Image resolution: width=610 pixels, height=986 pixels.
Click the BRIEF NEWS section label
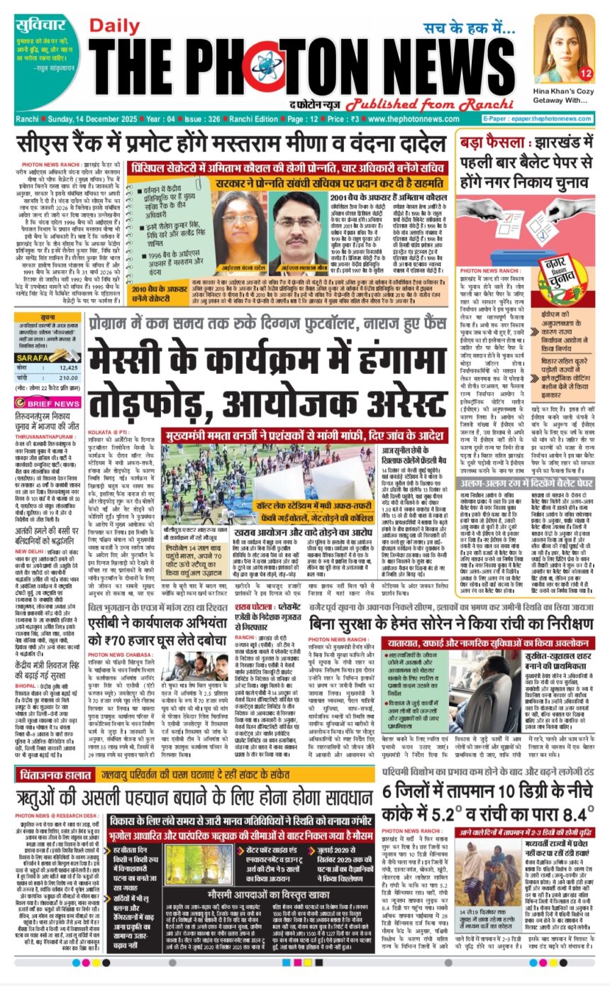coord(53,402)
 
